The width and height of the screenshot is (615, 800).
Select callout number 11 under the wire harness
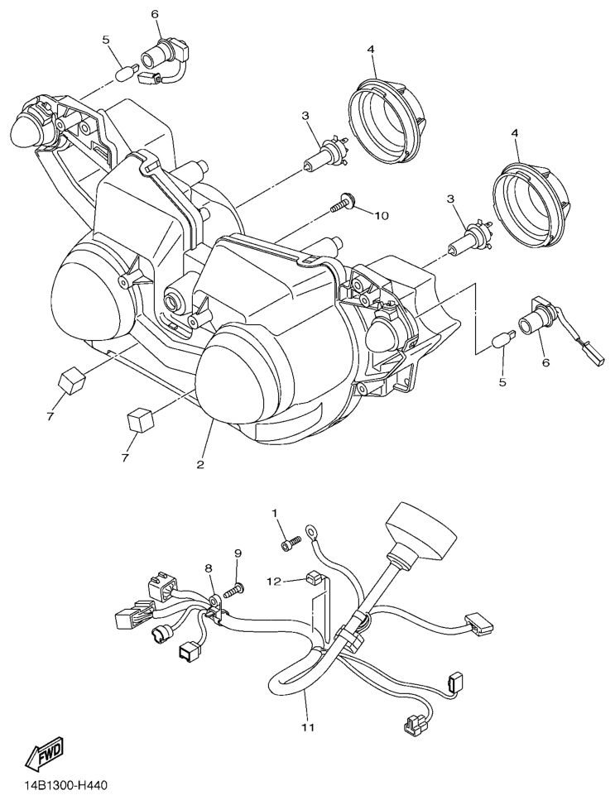(x=308, y=727)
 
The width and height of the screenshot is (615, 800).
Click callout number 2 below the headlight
(x=200, y=464)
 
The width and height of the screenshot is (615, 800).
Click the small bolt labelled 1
(x=291, y=542)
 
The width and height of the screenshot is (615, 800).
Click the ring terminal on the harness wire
(x=312, y=530)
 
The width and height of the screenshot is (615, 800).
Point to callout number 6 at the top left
(x=154, y=14)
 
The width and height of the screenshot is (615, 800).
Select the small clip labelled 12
(x=313, y=578)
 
